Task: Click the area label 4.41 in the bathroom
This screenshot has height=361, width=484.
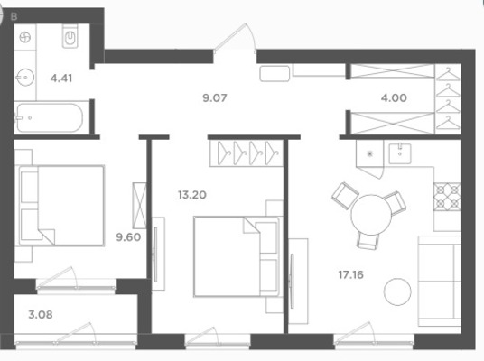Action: [61, 78]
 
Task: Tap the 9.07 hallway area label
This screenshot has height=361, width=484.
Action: [215, 97]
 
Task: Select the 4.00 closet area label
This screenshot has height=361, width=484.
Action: [394, 97]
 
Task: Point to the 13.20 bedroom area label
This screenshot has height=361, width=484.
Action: [192, 195]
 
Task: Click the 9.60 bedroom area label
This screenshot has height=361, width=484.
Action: [128, 237]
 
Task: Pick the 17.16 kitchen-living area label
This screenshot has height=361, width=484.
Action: [351, 274]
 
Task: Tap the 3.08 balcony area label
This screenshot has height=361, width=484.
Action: [41, 315]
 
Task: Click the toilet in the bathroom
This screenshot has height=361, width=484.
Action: [70, 36]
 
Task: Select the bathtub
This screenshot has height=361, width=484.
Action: [50, 117]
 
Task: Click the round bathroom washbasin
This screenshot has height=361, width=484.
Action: [25, 77]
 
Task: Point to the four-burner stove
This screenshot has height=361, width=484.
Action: [447, 197]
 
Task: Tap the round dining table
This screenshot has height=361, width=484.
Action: [371, 215]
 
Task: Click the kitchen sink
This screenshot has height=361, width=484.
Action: [400, 153]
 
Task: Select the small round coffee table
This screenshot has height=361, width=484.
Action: [397, 292]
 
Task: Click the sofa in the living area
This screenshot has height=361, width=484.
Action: [440, 281]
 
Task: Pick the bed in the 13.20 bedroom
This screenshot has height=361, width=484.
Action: [237, 256]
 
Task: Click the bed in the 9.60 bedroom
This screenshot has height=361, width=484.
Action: [61, 206]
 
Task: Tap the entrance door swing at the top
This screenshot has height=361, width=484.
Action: [235, 39]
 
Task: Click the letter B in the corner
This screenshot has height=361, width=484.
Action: [14, 16]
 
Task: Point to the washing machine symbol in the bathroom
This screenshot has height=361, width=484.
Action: [25, 38]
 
